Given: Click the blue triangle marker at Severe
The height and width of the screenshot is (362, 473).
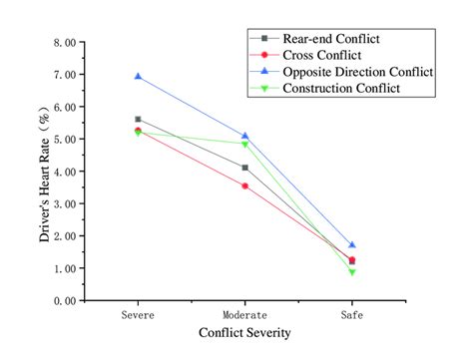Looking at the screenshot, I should (138, 76).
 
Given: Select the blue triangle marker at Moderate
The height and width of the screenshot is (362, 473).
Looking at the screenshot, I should (244, 136).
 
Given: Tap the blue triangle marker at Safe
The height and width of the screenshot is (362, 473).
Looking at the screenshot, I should (351, 244).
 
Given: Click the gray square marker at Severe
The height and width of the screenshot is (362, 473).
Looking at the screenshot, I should (138, 119).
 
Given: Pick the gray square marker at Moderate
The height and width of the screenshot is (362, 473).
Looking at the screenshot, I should (244, 168).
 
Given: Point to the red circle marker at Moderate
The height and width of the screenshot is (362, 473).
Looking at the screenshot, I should (244, 185).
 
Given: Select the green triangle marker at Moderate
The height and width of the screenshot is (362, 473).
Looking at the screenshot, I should (244, 144).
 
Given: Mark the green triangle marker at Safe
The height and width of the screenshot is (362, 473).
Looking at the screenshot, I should (351, 271).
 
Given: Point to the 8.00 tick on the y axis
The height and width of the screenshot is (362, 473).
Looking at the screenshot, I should (61, 43).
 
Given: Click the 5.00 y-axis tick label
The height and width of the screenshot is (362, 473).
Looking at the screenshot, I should (61, 140).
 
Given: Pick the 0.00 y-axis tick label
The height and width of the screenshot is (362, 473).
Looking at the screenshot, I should (61, 300).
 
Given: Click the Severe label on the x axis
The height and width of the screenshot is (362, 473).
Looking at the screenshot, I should (138, 314).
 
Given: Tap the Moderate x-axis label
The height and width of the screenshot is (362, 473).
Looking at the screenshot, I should (244, 314).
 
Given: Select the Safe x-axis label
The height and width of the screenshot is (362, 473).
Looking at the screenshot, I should (351, 314).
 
